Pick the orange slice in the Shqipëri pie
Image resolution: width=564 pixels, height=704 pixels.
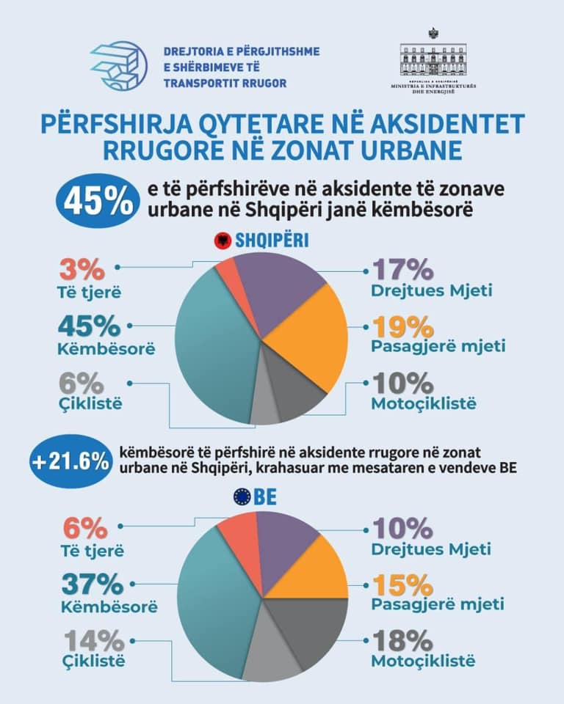point(308,337)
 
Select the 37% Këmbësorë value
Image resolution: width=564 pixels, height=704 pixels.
point(93,584)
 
